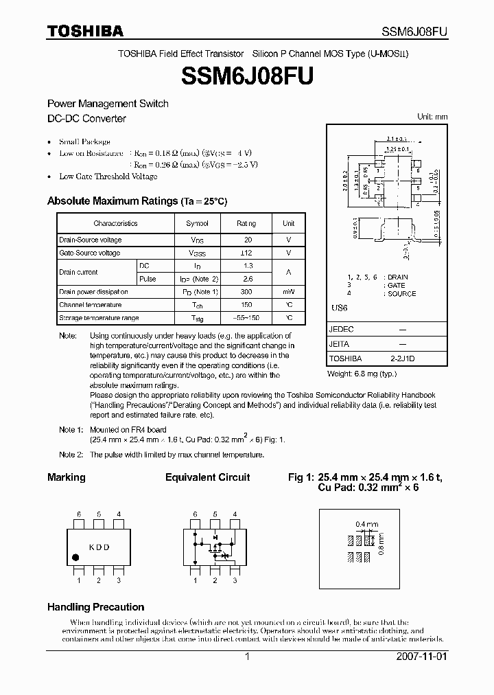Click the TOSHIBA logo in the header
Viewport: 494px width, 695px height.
[85, 31]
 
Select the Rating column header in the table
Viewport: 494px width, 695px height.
[246, 223]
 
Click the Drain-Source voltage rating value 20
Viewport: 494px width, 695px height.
[248, 240]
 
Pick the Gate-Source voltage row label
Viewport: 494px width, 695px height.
[90, 253]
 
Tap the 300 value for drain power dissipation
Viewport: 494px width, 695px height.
[247, 292]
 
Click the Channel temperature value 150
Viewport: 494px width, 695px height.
[247, 305]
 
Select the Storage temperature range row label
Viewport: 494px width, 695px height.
[99, 318]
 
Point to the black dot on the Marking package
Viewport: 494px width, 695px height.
[75, 556]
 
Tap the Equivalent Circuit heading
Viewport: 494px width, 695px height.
[207, 477]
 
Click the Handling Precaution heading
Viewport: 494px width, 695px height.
[95, 607]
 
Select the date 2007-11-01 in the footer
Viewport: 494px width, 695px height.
[421, 657]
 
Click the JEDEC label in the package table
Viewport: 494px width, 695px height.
[342, 330]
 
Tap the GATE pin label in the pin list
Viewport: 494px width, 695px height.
[396, 285]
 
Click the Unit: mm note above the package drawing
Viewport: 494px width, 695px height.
[432, 117]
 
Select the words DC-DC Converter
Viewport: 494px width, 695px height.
[86, 118]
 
